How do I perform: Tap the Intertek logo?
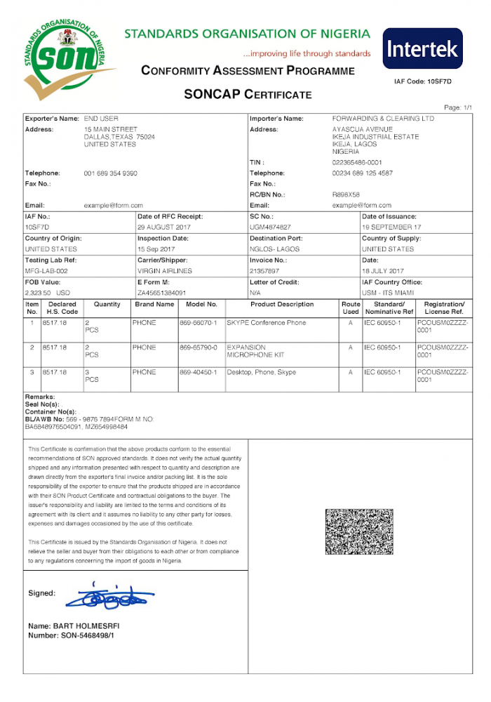click(x=422, y=49)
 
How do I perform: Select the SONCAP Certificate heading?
click(x=247, y=94)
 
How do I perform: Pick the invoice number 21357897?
click(x=264, y=270)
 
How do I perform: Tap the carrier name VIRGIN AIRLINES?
click(x=165, y=270)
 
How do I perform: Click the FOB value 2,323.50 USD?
click(x=48, y=292)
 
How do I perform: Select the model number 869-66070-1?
click(x=199, y=323)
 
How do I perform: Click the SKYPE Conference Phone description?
click(x=266, y=323)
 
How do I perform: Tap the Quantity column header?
click(x=107, y=305)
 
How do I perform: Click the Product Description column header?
click(x=282, y=305)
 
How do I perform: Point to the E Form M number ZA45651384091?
click(x=162, y=292)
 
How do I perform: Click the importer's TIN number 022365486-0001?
click(x=357, y=162)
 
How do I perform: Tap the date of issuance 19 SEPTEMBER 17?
click(x=391, y=227)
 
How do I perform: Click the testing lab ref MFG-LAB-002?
click(x=47, y=270)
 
